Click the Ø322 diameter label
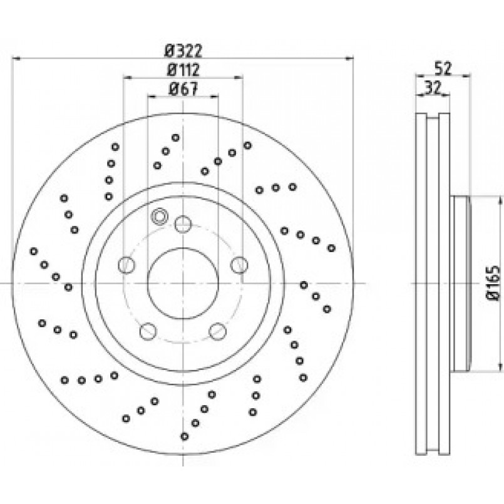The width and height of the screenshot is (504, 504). click(x=183, y=51)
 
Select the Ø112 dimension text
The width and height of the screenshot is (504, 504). click(x=183, y=69)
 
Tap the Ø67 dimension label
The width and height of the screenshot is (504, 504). click(x=183, y=89)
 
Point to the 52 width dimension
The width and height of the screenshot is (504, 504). click(x=443, y=68)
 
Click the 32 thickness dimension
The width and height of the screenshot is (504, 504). click(x=433, y=87)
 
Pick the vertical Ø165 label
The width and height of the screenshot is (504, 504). click(x=494, y=283)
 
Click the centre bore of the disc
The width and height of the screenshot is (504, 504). click(x=183, y=284)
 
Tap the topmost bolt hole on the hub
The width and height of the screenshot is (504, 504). click(x=183, y=224)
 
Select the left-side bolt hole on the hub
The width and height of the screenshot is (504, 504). click(x=126, y=265)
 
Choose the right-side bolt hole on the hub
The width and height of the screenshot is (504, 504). click(x=239, y=265)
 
